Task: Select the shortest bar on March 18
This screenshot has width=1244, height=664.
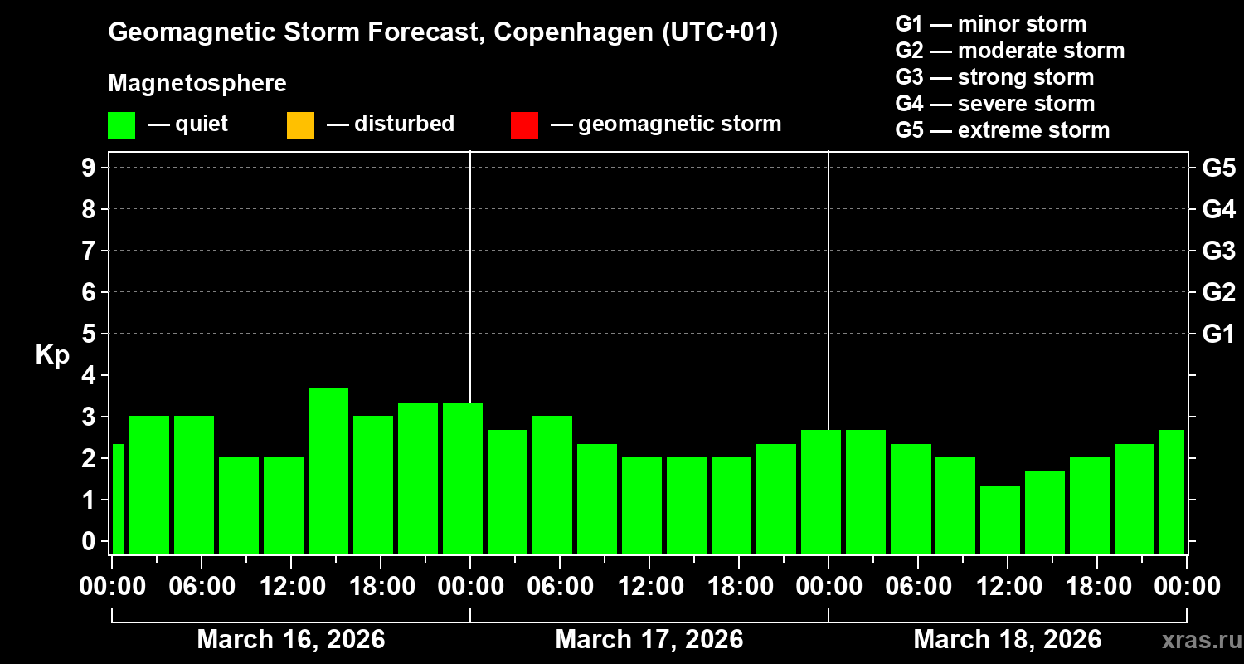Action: (x=1000, y=520)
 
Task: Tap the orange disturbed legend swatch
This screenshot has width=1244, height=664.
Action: (x=300, y=125)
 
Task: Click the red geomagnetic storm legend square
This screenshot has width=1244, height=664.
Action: (x=524, y=125)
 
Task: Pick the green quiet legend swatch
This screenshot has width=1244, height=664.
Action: (x=121, y=125)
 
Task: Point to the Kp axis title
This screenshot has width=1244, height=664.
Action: (x=52, y=355)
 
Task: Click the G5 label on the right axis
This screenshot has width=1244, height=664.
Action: (x=1218, y=168)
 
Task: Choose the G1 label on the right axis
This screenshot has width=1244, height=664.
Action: (x=1218, y=334)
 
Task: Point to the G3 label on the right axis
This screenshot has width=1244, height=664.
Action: (x=1218, y=251)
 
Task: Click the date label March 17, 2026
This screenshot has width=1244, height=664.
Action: (x=649, y=640)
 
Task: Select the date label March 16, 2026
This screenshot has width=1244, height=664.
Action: (x=290, y=640)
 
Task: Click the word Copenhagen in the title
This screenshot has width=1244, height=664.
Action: (x=571, y=33)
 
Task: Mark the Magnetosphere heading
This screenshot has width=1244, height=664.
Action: (x=197, y=84)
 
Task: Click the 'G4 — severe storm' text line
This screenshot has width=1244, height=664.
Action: (x=994, y=104)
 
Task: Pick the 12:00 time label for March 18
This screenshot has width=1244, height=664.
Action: (x=1006, y=587)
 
